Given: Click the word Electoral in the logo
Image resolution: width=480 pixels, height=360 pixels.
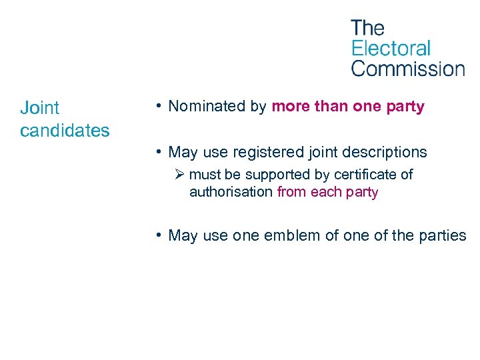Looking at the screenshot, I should pyautogui.click(x=391, y=48).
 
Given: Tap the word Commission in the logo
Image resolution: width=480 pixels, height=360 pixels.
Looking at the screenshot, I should pyautogui.click(x=407, y=68).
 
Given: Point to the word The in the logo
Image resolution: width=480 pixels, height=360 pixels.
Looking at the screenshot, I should pyautogui.click(x=367, y=28).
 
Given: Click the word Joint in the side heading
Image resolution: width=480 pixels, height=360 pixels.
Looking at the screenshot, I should pyautogui.click(x=40, y=107).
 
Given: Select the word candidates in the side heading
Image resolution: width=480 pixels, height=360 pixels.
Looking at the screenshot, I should pyautogui.click(x=65, y=130).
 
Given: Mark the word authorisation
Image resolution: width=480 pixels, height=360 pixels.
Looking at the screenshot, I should pyautogui.click(x=231, y=192).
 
